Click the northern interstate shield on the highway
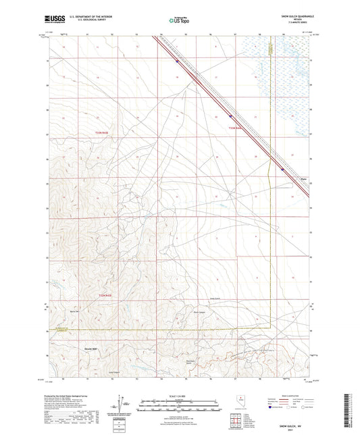pyautogui.click(x=178, y=61)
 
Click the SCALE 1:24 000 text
pyautogui.click(x=179, y=395)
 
